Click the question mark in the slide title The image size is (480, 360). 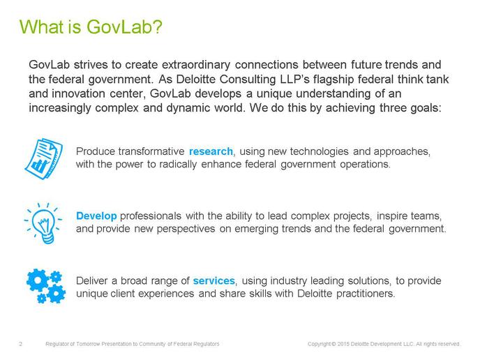(x=157, y=27)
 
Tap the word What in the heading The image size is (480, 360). (x=41, y=27)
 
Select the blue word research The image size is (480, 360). (x=211, y=151)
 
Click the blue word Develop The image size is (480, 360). (x=96, y=216)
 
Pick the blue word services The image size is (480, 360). (x=213, y=280)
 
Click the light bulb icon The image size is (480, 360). (x=43, y=223)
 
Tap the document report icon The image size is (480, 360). (x=43, y=158)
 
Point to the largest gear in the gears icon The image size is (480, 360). (x=38, y=280)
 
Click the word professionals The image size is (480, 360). (x=151, y=216)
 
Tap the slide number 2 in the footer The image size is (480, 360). (x=20, y=344)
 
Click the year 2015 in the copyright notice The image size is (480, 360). (x=343, y=344)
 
